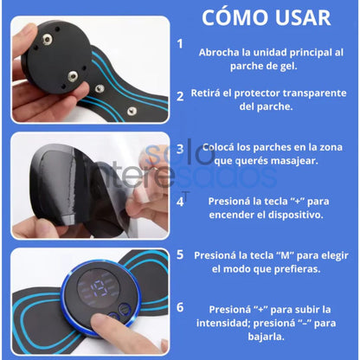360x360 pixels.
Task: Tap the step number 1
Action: click(180, 42)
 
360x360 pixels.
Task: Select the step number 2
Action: click(180, 96)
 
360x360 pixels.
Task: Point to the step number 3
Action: click(180, 148)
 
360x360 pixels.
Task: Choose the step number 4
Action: click(180, 201)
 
